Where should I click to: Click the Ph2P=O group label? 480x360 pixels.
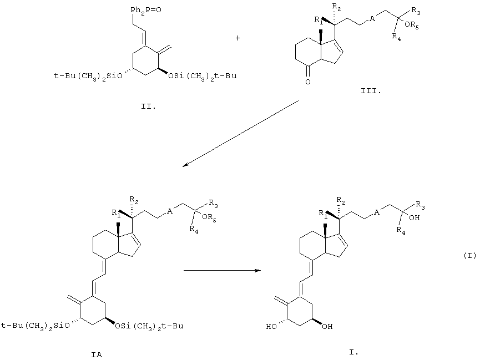(x=146, y=10)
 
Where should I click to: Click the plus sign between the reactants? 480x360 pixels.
(x=238, y=38)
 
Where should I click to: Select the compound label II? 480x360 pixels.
(x=149, y=107)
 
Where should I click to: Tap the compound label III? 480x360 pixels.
(x=371, y=91)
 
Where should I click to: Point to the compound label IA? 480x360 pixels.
(x=97, y=354)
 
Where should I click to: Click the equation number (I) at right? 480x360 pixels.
(x=470, y=255)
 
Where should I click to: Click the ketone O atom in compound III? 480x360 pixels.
(x=308, y=82)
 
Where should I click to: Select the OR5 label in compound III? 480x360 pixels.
(x=411, y=25)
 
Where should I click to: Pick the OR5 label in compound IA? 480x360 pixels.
(x=209, y=217)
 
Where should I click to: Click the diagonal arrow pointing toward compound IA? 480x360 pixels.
(x=240, y=134)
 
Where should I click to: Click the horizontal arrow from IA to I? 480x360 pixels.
(x=222, y=270)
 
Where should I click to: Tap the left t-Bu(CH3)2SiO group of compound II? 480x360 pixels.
(x=88, y=75)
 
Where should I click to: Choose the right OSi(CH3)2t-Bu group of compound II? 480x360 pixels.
(x=203, y=75)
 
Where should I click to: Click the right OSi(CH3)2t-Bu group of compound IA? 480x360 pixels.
(x=149, y=326)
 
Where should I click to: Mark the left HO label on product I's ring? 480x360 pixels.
(x=271, y=327)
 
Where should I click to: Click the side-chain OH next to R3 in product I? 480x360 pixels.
(x=414, y=218)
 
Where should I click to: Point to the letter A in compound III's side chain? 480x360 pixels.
(x=372, y=19)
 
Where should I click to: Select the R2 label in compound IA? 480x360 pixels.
(x=134, y=200)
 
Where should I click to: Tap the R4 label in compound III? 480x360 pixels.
(x=396, y=37)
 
